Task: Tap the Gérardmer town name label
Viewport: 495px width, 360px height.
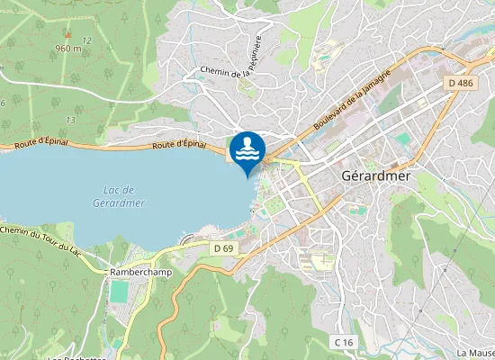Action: (376, 176)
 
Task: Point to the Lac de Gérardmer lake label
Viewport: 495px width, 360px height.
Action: (119, 196)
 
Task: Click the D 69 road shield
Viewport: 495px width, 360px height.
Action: (224, 247)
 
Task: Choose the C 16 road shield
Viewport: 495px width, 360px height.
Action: (343, 342)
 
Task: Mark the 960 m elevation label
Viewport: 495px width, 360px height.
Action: (67, 49)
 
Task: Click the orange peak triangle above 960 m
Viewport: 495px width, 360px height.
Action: (67, 35)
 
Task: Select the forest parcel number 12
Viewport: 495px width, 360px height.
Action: (86, 41)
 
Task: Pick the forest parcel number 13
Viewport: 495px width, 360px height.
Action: (69, 120)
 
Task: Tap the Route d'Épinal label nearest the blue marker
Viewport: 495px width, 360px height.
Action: (180, 144)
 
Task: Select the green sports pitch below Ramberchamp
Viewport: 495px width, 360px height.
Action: (119, 292)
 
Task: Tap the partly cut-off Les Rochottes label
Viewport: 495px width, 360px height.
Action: (76, 357)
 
